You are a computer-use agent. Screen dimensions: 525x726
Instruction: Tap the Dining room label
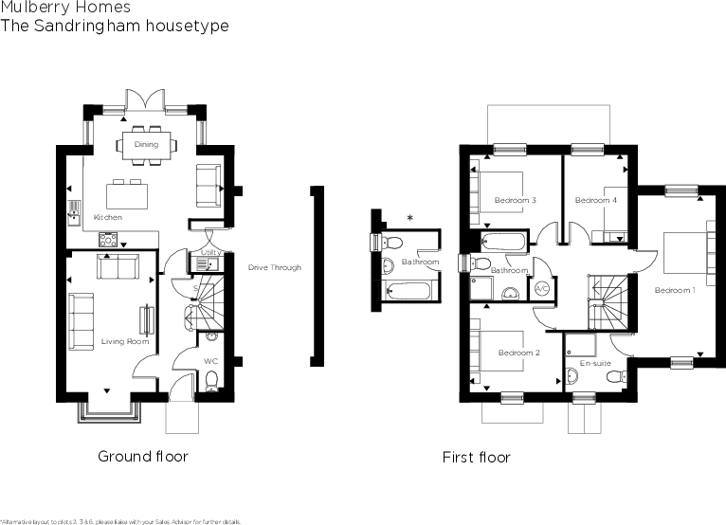pyautogui.click(x=146, y=144)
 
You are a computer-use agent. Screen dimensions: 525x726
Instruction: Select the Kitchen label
pyautogui.click(x=108, y=218)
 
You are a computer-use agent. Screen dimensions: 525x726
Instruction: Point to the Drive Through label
pyautogui.click(x=275, y=268)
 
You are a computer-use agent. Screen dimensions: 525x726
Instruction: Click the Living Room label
pyautogui.click(x=118, y=342)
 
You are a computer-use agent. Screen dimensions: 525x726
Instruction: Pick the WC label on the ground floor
pyautogui.click(x=211, y=361)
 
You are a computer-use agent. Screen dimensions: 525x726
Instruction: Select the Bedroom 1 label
pyautogui.click(x=674, y=290)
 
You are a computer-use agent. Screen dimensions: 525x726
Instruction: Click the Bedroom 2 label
pyautogui.click(x=518, y=353)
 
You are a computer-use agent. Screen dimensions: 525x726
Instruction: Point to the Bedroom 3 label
pyautogui.click(x=516, y=201)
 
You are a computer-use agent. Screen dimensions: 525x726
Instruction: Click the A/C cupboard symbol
pyautogui.click(x=542, y=287)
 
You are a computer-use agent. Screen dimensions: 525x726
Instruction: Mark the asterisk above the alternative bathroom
pyautogui.click(x=409, y=219)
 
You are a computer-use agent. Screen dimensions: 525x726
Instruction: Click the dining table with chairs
pyautogui.click(x=146, y=145)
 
